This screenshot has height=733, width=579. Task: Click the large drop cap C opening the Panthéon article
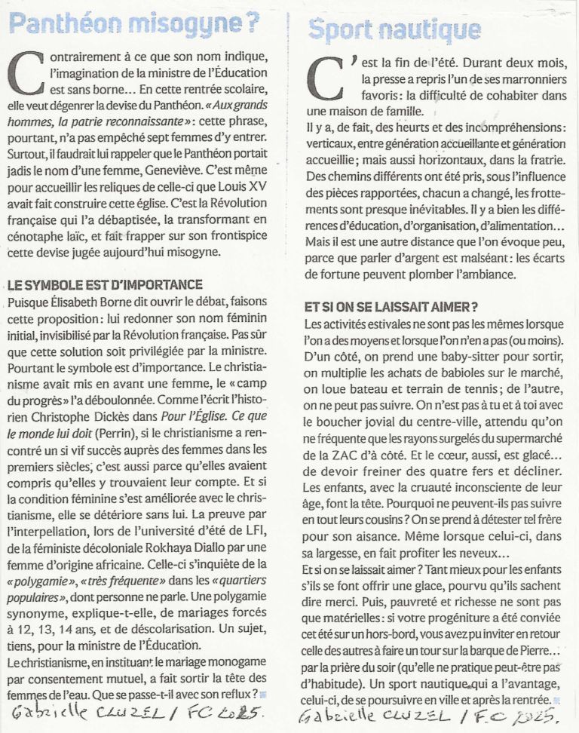26,75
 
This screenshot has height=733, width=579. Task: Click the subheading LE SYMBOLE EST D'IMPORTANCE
104,284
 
